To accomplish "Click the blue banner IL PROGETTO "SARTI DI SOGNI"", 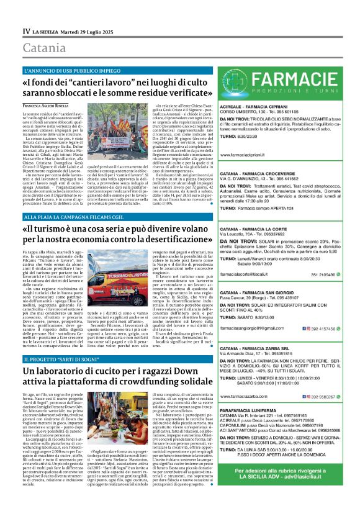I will click(60, 360).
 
